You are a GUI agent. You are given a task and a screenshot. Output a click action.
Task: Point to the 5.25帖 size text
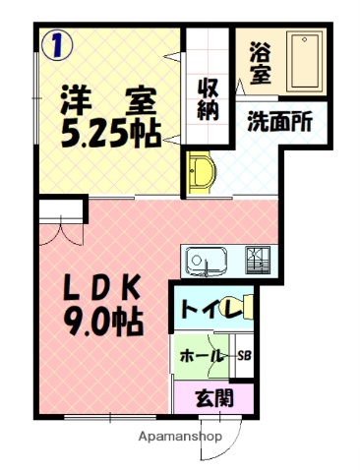(x=110, y=134)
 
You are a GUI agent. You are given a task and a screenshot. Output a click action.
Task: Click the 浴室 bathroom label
(x=261, y=61)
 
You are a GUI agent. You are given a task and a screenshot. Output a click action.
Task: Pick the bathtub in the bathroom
(x=304, y=62)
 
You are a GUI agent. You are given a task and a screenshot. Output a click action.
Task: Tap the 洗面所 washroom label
(x=279, y=124)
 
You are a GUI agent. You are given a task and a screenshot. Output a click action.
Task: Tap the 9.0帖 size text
(x=103, y=321)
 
